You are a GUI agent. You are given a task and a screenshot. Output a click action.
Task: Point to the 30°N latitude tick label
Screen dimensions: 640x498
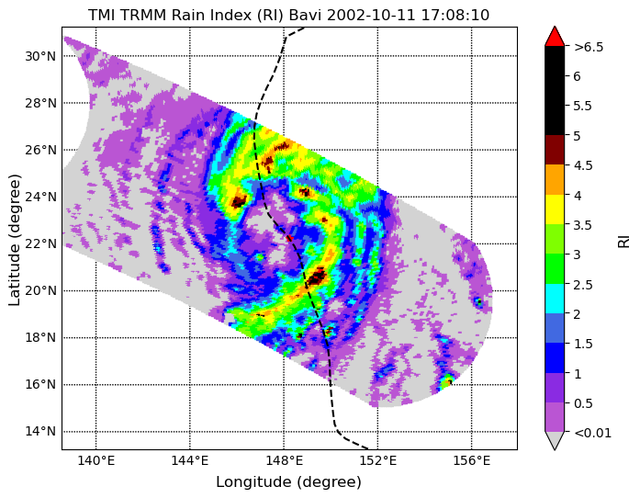[40, 56]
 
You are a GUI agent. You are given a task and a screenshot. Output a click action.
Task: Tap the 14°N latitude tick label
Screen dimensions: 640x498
[40, 432]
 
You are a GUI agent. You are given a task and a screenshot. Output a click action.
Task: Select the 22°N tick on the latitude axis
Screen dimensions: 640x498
[40, 243]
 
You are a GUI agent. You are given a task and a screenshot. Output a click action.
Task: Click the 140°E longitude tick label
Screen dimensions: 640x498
[96, 461]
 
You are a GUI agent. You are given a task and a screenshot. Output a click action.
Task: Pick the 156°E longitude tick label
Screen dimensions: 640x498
[472, 461]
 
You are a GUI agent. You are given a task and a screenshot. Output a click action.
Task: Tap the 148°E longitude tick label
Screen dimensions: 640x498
[284, 461]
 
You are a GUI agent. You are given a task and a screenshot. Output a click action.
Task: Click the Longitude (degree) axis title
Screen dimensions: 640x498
[288, 482]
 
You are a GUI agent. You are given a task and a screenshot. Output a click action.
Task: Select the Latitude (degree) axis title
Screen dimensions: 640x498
[14, 240]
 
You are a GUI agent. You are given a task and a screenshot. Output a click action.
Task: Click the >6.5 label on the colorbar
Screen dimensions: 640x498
[589, 47]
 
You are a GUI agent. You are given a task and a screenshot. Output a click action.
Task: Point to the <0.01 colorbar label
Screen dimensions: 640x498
[592, 433]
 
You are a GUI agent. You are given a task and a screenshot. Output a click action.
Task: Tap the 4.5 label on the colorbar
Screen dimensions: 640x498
[583, 165]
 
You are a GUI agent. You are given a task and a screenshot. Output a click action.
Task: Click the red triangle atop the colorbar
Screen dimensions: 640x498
[555, 37]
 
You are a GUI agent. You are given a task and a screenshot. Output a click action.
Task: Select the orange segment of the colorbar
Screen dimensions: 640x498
[555, 180]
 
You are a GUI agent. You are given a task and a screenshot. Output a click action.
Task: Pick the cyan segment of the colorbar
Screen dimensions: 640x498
[555, 299]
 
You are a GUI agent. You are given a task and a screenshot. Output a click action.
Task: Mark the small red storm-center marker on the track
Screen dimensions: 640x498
[289, 237]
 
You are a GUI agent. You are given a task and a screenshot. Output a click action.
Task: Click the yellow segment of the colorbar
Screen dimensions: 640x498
[555, 209]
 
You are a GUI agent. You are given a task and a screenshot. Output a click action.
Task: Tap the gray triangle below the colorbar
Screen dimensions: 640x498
[555, 440]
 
